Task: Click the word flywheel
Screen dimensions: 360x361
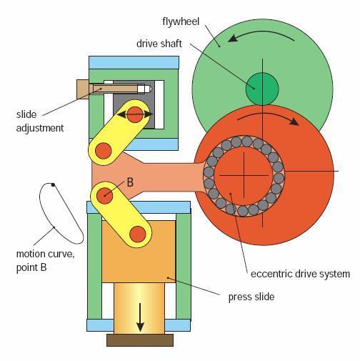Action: click(x=181, y=21)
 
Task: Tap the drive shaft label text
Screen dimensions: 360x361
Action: click(x=159, y=44)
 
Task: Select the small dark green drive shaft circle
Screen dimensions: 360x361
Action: click(x=262, y=89)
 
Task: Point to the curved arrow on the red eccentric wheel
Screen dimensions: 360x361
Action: click(x=269, y=117)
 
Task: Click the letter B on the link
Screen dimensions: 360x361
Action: click(x=130, y=182)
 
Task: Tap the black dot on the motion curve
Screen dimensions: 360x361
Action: click(x=53, y=185)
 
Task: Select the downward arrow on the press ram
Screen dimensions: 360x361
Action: click(x=140, y=317)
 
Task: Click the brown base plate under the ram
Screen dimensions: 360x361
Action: click(x=140, y=340)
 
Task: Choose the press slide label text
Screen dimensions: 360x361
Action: click(x=251, y=297)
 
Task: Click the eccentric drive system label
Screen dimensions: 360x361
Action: click(x=300, y=274)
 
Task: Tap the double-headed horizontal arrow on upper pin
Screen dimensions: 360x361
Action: click(x=135, y=114)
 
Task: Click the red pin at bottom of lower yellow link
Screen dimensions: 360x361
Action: click(x=138, y=234)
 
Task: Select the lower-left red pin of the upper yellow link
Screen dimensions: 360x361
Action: click(x=104, y=151)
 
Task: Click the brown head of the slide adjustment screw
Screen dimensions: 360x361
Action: click(x=83, y=89)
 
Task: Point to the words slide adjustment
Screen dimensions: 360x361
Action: click(x=40, y=122)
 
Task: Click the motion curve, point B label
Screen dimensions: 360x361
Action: click(x=45, y=260)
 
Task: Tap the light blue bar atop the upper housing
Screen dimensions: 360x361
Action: click(x=134, y=63)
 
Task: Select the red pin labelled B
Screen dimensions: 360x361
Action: click(x=104, y=196)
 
